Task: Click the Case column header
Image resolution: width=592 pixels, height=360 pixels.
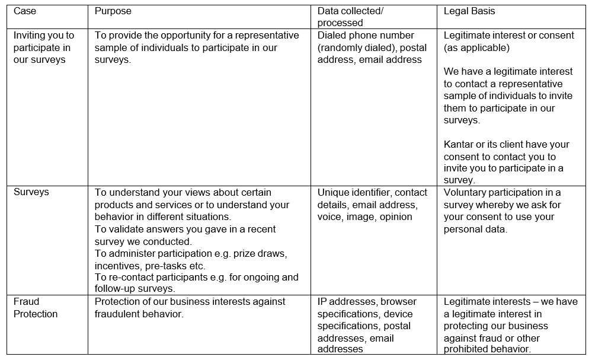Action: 24,11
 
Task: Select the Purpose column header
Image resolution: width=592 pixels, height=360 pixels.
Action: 113,11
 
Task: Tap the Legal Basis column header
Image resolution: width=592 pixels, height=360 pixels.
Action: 469,11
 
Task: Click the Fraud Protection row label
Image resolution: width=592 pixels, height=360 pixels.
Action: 36,308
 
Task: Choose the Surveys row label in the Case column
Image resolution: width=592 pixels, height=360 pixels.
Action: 31,192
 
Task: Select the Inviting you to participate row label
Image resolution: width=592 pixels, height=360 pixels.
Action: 44,47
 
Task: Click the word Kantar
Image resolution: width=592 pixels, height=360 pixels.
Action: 460,144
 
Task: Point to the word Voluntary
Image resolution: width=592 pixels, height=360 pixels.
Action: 466,192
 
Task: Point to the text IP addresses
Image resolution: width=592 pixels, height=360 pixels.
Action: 346,301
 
